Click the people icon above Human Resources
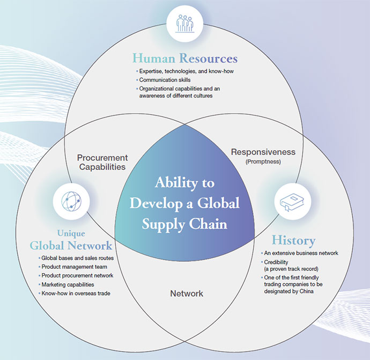point(185,24)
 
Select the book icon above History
point(293,202)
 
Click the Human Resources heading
point(185,57)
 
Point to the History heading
point(293,240)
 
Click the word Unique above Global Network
point(71,234)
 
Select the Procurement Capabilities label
point(102,162)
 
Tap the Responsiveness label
point(263,152)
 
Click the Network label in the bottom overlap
point(187,293)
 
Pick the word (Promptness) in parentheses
point(263,161)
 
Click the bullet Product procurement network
point(76,276)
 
